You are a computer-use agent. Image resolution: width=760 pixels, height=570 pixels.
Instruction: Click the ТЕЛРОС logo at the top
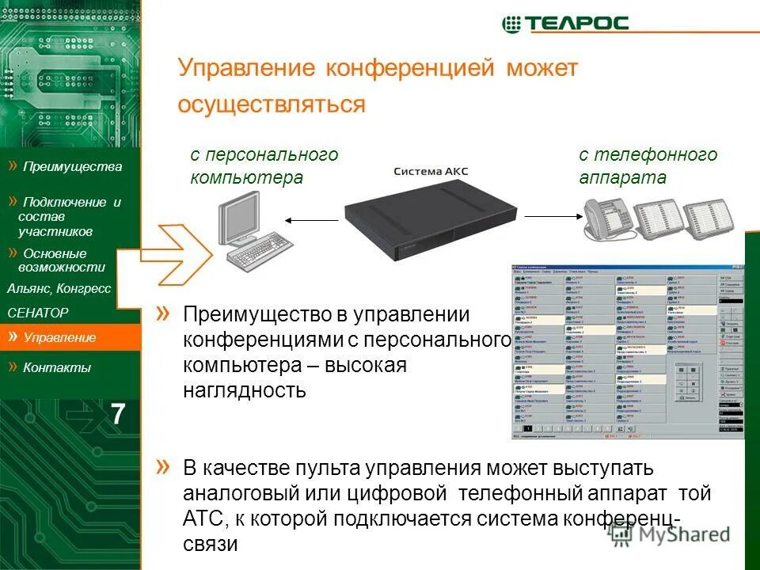(565, 23)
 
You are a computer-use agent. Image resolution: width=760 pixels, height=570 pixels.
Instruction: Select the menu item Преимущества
(71, 166)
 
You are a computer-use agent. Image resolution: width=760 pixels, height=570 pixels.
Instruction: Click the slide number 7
(117, 414)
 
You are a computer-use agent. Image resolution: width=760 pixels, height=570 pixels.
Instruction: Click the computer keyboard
(260, 253)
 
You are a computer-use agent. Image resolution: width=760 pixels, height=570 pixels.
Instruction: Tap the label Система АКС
(432, 171)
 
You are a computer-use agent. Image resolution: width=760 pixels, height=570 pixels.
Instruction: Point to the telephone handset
(595, 212)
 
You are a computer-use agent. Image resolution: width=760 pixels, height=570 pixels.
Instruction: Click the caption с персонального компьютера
(264, 166)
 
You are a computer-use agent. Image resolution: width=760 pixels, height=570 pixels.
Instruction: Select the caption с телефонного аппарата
(648, 166)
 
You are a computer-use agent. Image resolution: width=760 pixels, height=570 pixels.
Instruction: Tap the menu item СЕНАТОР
(38, 313)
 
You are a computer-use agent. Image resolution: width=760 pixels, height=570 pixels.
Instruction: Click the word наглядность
(245, 390)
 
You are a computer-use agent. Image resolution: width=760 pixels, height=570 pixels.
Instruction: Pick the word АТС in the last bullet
(203, 519)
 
